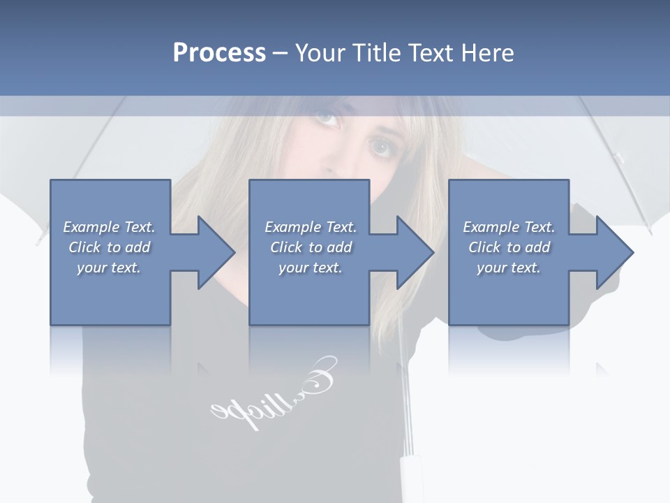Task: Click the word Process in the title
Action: click(x=219, y=53)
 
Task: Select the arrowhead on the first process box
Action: click(x=213, y=252)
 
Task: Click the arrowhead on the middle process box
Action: click(x=412, y=252)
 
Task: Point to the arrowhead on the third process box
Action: click(x=611, y=252)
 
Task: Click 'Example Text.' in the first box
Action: click(x=109, y=227)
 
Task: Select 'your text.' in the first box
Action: click(x=109, y=268)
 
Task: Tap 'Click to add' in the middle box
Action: click(x=311, y=247)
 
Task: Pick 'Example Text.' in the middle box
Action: click(x=311, y=227)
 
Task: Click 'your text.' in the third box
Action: click(x=509, y=268)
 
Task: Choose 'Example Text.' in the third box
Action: click(x=509, y=227)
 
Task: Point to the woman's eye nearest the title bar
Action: click(x=327, y=117)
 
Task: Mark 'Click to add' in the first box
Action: click(x=109, y=247)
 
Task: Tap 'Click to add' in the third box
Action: click(x=509, y=247)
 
